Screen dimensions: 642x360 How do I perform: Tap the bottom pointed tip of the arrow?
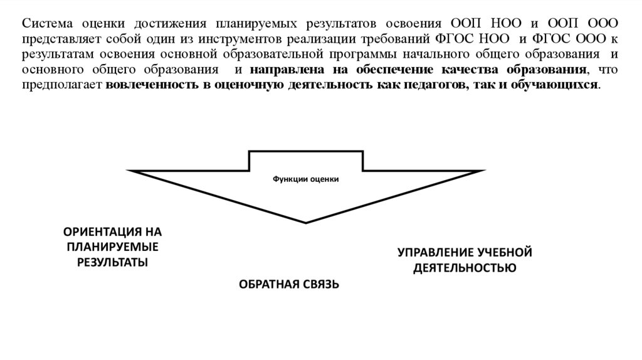click(305, 221)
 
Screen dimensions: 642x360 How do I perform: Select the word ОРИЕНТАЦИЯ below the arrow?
click(101, 232)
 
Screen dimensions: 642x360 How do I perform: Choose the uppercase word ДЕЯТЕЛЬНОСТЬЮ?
click(465, 268)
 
